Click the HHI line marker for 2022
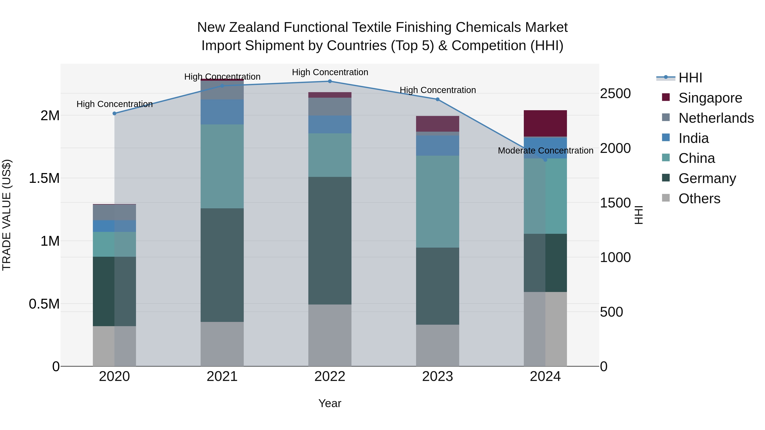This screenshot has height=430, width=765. point(330,81)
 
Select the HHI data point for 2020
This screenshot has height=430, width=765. point(114,113)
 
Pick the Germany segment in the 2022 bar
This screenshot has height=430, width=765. point(330,240)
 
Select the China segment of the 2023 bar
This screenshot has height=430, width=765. point(438,202)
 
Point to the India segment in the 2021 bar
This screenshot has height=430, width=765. point(222,112)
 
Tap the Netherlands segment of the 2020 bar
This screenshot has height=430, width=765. point(114,212)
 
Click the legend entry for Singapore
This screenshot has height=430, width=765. point(710,98)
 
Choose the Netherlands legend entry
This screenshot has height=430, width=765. point(716,118)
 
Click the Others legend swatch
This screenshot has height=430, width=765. point(666,198)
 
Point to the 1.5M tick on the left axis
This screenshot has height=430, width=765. point(44,178)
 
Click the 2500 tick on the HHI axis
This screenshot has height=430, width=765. point(615,93)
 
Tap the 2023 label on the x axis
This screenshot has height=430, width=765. point(438,376)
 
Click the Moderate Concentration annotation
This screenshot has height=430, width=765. point(545,151)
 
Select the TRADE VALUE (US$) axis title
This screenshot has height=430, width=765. point(7,215)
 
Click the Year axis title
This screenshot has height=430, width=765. point(330,403)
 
